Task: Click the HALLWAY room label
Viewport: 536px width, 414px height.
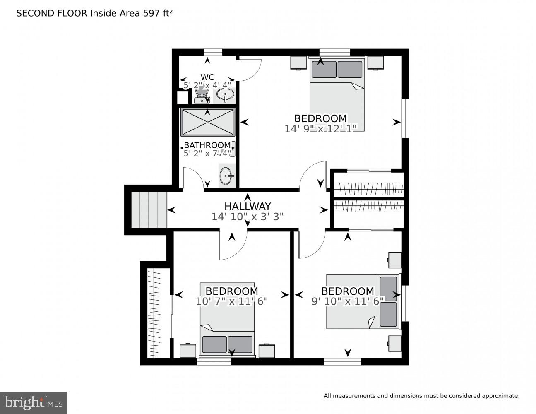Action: (x=248, y=206)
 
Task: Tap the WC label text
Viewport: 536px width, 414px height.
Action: (x=207, y=77)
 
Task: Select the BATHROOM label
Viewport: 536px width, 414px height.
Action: (x=207, y=145)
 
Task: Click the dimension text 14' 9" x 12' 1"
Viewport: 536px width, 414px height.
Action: (x=320, y=129)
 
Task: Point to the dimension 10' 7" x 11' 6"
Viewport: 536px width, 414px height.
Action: (x=232, y=301)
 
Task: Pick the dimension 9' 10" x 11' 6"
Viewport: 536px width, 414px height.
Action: (x=348, y=301)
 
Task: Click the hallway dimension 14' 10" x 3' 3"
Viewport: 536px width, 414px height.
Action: (x=248, y=217)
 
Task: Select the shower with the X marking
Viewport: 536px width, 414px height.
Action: (x=207, y=122)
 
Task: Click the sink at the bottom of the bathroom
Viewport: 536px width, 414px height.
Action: (x=226, y=176)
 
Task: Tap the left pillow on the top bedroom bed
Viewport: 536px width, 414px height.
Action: (x=324, y=69)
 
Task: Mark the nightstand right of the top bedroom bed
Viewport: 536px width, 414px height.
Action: (x=375, y=63)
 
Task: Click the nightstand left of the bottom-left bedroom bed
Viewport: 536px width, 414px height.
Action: (x=188, y=350)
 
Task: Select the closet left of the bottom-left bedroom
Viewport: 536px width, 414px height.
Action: (x=156, y=313)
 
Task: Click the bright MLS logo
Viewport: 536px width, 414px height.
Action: (x=34, y=403)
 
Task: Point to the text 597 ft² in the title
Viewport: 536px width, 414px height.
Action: (x=156, y=13)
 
